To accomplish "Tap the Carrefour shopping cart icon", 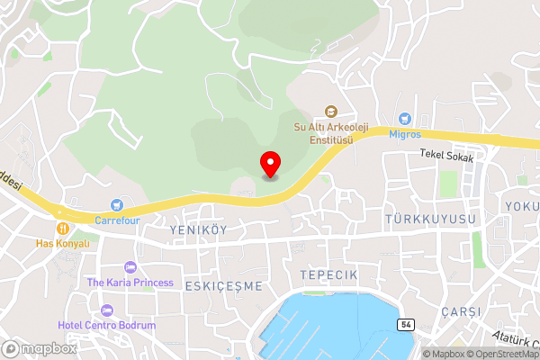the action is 115,206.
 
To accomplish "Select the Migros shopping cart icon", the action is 405,119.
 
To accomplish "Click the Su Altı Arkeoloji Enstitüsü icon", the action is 330,112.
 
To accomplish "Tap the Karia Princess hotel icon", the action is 130,267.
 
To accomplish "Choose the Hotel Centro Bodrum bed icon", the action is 107,310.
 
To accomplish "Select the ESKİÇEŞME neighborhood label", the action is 223,285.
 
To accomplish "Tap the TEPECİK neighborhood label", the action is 328,274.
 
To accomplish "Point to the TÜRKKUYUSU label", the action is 429,220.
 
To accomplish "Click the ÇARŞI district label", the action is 462,310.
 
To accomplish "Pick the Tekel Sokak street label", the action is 446,155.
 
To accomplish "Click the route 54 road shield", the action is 407,323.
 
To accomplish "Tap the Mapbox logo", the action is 40,348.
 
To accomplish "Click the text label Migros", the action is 405,133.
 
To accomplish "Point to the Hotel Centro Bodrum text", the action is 107,325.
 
